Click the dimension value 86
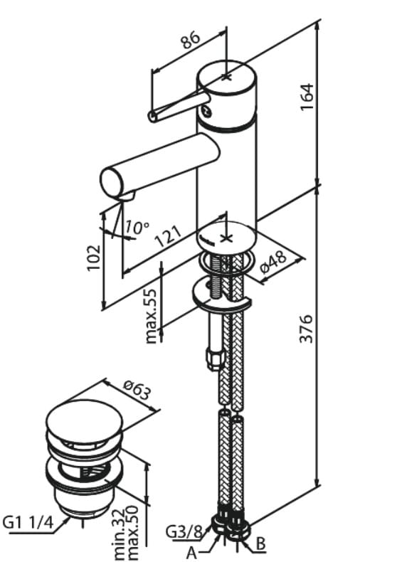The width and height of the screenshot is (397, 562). click(x=190, y=40)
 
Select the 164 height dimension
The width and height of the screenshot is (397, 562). click(x=307, y=97)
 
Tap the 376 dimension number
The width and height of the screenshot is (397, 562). click(x=307, y=329)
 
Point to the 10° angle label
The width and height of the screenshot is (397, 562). click(x=137, y=227)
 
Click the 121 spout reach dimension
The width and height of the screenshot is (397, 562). click(x=169, y=237)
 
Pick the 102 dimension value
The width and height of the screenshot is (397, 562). click(x=94, y=258)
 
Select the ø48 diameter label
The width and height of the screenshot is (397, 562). click(x=273, y=262)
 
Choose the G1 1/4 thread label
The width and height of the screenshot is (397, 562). click(x=28, y=522)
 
